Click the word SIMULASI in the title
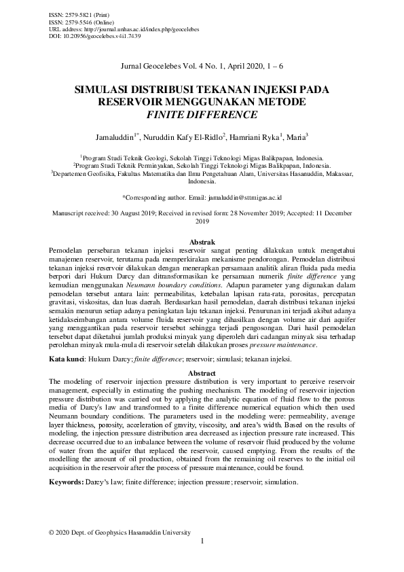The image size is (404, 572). click(x=107, y=90)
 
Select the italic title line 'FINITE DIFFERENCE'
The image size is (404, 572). click(x=202, y=115)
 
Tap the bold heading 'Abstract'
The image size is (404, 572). click(x=202, y=374)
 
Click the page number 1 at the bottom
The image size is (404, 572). click(x=202, y=541)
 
